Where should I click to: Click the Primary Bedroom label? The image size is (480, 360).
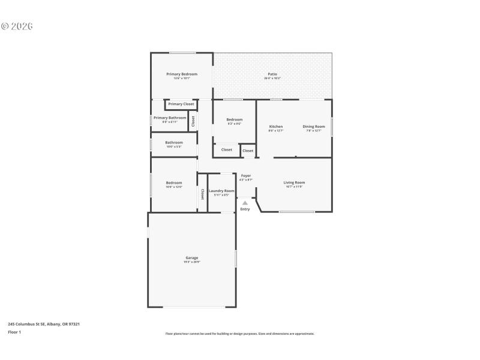(182, 74)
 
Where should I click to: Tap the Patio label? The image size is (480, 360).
(272, 74)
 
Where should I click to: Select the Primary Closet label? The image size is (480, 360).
(181, 104)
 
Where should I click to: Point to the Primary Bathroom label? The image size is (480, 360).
(170, 118)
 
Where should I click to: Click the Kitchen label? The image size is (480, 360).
(276, 126)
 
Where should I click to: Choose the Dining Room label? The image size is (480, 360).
(313, 126)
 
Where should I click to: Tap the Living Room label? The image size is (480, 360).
(294, 182)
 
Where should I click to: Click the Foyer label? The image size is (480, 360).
(246, 175)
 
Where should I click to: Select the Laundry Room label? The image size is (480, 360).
(221, 191)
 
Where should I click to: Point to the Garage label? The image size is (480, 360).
(191, 258)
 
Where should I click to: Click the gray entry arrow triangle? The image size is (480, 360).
(245, 203)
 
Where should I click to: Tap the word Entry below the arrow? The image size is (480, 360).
(245, 209)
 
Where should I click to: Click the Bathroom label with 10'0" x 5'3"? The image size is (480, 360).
(174, 142)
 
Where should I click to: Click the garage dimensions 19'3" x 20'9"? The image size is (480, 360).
(191, 262)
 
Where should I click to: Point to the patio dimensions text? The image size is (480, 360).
(272, 78)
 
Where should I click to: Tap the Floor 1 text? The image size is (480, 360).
(14, 332)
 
